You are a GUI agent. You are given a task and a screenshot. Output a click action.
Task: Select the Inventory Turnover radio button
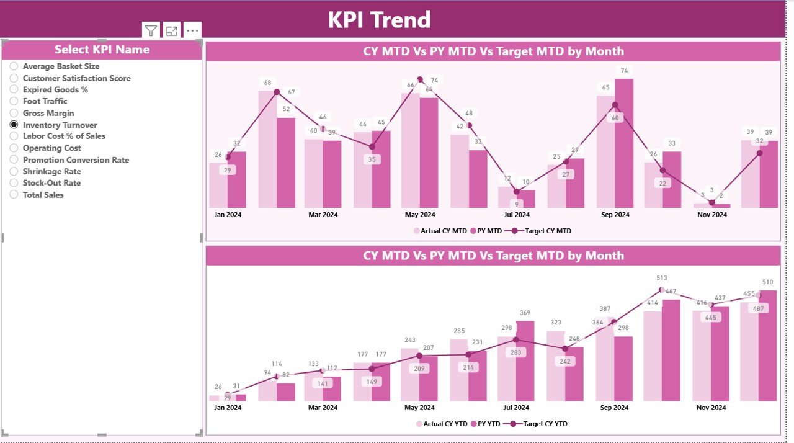14,125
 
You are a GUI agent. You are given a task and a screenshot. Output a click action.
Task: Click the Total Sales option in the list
14,195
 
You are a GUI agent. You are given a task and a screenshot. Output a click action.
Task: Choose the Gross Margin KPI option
14,113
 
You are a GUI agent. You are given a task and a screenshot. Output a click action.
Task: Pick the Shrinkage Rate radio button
14,171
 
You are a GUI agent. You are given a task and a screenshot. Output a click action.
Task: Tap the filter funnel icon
151,30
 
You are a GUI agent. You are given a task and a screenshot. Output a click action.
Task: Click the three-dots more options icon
192,30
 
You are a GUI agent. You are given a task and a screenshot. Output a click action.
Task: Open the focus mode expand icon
172,30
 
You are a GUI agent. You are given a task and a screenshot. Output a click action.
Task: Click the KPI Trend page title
379,19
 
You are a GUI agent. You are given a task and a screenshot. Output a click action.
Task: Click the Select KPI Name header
102,50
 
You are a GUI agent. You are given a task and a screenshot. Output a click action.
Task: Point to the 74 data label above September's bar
623,71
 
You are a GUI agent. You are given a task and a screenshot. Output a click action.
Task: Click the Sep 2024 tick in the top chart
614,215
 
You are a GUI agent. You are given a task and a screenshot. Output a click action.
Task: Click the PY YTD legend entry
488,424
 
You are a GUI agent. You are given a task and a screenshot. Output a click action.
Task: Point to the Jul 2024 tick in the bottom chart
517,408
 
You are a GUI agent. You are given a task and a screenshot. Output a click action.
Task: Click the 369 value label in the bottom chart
525,313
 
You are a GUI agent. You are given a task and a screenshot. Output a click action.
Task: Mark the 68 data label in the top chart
267,83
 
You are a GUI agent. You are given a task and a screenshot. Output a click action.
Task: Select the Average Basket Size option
14,66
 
